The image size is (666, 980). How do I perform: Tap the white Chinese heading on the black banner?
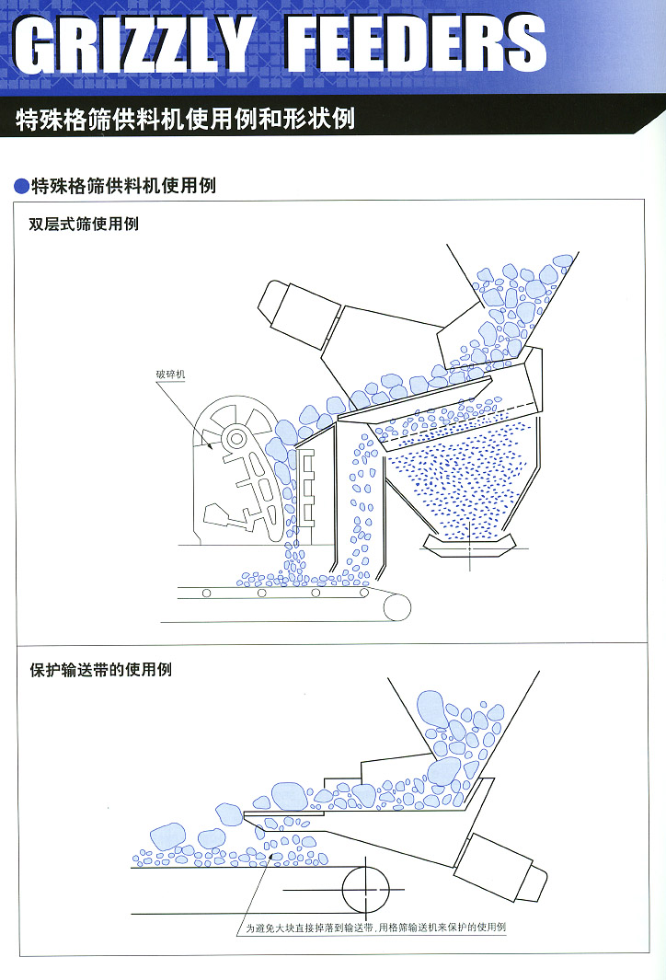click(x=185, y=120)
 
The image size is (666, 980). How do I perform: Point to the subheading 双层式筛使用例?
click(x=84, y=224)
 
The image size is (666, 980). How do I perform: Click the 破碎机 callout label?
click(x=171, y=375)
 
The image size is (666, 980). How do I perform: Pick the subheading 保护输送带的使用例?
click(x=100, y=669)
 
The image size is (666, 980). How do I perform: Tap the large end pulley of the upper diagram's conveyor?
click(x=397, y=605)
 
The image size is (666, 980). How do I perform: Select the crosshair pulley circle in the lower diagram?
click(x=365, y=889)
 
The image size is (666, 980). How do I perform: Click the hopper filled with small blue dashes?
click(x=460, y=488)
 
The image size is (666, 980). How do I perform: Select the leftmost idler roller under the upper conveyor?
click(x=206, y=593)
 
